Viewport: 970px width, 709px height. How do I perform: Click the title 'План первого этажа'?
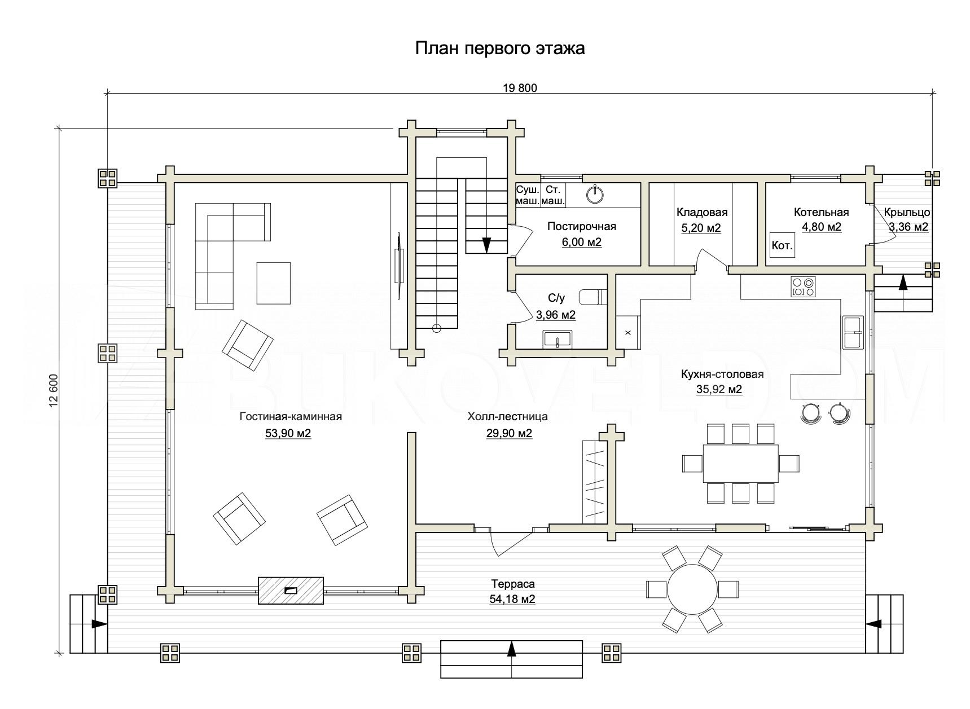pyautogui.click(x=500, y=49)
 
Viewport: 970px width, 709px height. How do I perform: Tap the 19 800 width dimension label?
pyautogui.click(x=520, y=88)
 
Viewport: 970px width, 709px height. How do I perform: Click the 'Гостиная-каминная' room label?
pyautogui.click(x=291, y=417)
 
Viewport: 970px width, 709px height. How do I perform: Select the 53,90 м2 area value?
pyautogui.click(x=288, y=434)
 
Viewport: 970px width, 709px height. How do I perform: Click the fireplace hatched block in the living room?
pyautogui.click(x=291, y=591)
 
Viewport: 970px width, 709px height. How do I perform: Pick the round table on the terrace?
pyautogui.click(x=692, y=589)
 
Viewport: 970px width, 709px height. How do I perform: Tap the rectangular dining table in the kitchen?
pyautogui.click(x=740, y=463)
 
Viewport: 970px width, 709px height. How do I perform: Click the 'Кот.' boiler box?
pyautogui.click(x=782, y=246)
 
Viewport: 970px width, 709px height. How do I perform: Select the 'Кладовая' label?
pyautogui.click(x=702, y=213)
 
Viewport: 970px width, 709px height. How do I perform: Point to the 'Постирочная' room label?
pyautogui.click(x=581, y=227)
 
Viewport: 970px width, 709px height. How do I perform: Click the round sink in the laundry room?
pyautogui.click(x=595, y=194)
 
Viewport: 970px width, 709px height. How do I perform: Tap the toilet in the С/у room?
pyautogui.click(x=592, y=297)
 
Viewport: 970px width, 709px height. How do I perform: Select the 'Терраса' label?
pyautogui.click(x=512, y=584)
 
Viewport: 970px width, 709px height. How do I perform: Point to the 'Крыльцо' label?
pyautogui.click(x=907, y=213)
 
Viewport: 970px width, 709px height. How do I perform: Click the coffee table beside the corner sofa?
pyautogui.click(x=274, y=283)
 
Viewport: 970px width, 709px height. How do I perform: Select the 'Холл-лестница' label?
pyautogui.click(x=507, y=417)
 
